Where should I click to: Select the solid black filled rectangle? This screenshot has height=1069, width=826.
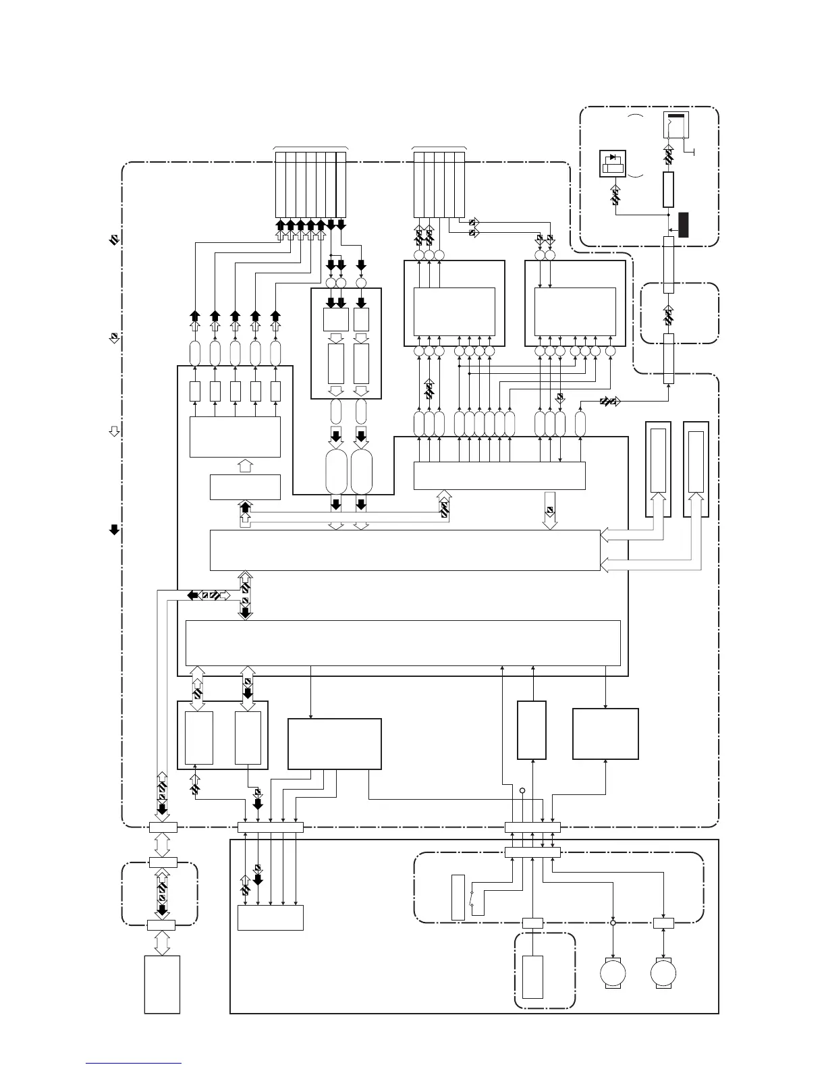684,225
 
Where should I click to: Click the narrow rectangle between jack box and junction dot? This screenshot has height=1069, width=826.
669,189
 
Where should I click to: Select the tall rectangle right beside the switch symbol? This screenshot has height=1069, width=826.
458,898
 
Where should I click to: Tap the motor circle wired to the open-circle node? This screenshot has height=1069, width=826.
613,975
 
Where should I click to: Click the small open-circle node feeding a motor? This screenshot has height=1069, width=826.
613,923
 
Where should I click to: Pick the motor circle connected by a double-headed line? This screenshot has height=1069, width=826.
663,975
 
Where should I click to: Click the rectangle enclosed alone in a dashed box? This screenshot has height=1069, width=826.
532,977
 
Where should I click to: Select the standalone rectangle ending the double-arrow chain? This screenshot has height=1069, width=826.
162,984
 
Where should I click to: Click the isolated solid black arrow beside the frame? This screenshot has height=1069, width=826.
115,530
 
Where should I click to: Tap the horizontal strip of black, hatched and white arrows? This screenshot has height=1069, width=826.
209,595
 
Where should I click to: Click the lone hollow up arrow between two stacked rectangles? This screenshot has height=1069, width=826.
245,465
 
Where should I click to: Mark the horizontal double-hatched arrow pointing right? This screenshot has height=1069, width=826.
609,402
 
